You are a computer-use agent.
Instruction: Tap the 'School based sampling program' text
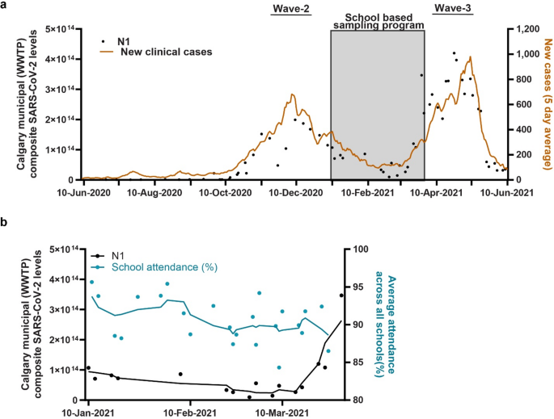tap(378, 21)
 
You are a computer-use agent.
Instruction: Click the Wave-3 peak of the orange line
tap(470, 57)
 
